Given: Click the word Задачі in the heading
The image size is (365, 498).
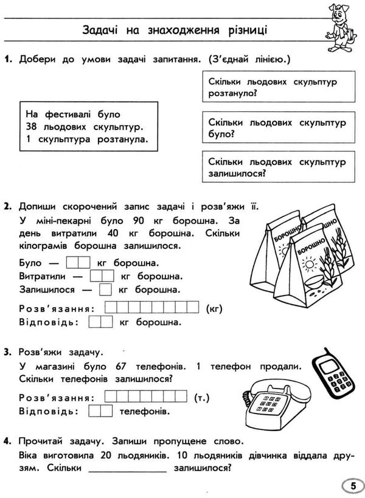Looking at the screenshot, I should (101, 30).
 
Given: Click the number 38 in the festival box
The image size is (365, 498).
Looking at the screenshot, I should (33, 126).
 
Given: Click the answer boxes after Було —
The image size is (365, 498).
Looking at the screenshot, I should (77, 263).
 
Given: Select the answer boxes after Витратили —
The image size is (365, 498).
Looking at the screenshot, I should (97, 276).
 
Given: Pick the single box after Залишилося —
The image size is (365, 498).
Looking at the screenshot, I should (105, 289).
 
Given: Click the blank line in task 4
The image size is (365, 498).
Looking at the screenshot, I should (127, 469).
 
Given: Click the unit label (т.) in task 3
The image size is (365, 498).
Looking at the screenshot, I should (200, 398).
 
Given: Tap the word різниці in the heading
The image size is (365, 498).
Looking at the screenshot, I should (247, 30).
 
